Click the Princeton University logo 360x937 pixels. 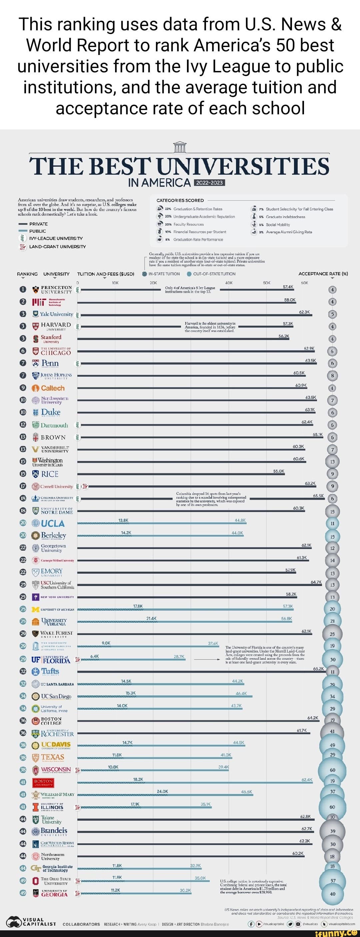coord(52,290)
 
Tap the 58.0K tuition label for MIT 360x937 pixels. coord(290,300)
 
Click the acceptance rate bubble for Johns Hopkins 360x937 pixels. coord(332,375)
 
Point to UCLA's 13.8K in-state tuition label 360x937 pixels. coord(123,520)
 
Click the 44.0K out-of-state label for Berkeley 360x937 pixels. coord(237,533)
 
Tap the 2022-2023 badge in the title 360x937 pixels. coord(210,183)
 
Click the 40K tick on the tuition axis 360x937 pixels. coord(229,283)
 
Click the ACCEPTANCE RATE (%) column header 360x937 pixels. coord(323,274)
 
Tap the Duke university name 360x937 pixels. coord(51,412)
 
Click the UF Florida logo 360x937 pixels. coord(51,660)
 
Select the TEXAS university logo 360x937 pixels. coord(49,757)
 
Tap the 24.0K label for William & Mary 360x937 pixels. coord(162,792)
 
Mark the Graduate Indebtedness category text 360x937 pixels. coord(285,217)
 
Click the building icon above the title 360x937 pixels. coord(180,147)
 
